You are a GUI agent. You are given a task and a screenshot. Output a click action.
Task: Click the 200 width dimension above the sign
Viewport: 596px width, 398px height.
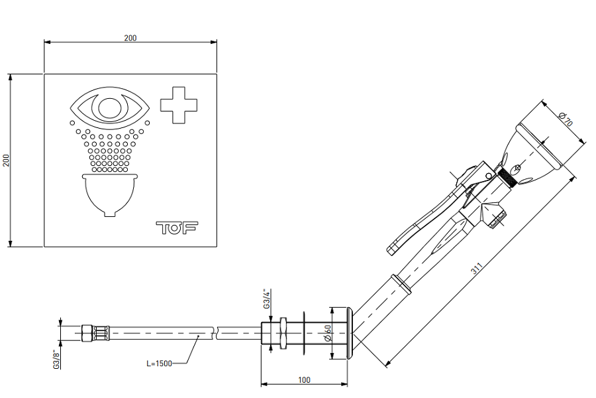pyautogui.click(x=130, y=38)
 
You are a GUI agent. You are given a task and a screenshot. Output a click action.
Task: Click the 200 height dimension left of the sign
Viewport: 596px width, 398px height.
pyautogui.click(x=6, y=161)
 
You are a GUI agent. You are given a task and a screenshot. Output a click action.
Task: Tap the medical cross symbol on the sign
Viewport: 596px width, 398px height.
pyautogui.click(x=179, y=105)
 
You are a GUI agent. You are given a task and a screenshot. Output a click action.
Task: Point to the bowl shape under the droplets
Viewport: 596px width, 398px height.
pyautogui.click(x=111, y=192)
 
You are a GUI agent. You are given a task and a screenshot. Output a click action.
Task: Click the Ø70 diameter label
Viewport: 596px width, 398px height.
pyautogui.click(x=566, y=121)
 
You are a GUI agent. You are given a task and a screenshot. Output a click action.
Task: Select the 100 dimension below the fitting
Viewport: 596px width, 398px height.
pyautogui.click(x=304, y=380)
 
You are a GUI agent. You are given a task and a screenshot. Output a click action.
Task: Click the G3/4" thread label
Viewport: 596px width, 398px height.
pyautogui.click(x=267, y=298)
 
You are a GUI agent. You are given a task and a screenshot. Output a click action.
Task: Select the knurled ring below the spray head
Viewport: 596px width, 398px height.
pyautogui.click(x=507, y=178)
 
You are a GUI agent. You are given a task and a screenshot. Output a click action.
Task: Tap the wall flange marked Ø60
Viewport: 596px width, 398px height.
pyautogui.click(x=349, y=334)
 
